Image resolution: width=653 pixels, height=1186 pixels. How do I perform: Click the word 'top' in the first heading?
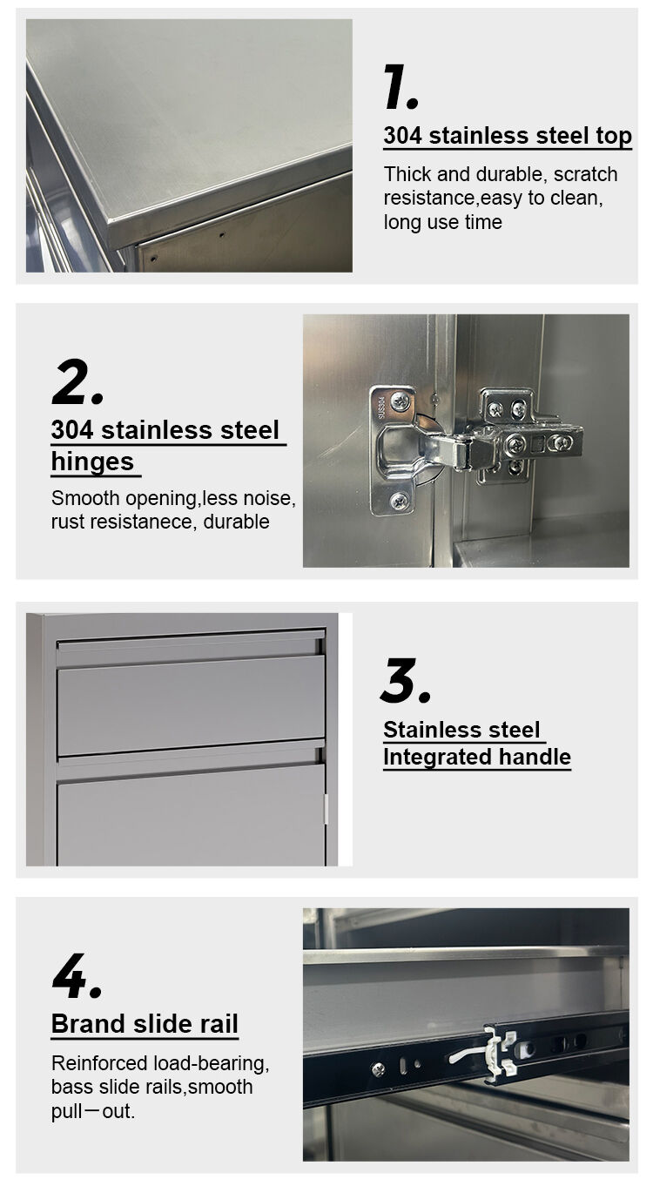pyautogui.click(x=614, y=137)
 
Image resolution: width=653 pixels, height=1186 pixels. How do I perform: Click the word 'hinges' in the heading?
pyautogui.click(x=92, y=462)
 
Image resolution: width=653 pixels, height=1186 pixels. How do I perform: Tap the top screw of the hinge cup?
pyautogui.click(x=401, y=401)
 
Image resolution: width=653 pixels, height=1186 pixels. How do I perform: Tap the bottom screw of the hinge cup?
pyautogui.click(x=399, y=501)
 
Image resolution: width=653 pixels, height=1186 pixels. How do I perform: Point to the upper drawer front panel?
pyautogui.click(x=191, y=704)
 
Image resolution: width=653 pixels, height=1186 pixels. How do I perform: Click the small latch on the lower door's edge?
pyautogui.click(x=326, y=808)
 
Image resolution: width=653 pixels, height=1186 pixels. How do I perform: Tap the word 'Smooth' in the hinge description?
pyautogui.click(x=85, y=499)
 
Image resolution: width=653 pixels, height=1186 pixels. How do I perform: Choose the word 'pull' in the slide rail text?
pyautogui.click(x=67, y=1111)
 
